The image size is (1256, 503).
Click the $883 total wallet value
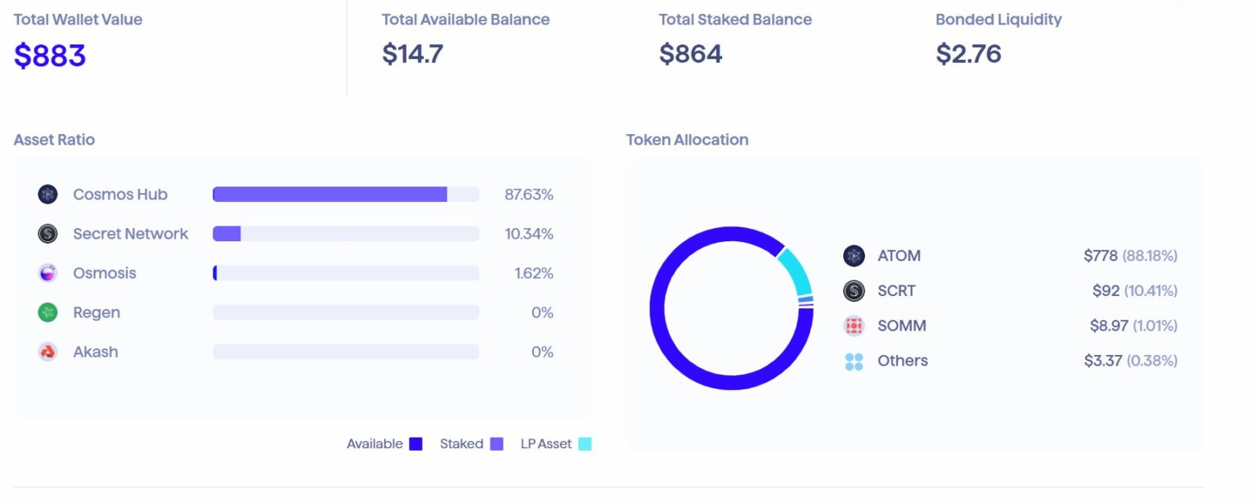coord(50,56)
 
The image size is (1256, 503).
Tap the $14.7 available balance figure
coord(412,54)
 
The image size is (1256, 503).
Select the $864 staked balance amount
coord(690,54)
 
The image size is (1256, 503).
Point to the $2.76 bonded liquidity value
coord(968,54)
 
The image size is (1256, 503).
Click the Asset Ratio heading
coord(54,140)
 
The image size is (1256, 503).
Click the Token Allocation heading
coord(687,140)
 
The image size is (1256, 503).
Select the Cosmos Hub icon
coord(47,195)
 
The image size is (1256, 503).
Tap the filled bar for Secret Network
coord(227,234)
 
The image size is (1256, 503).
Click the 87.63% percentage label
coord(528,195)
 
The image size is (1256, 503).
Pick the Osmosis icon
coord(47,273)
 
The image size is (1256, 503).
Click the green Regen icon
coord(47,312)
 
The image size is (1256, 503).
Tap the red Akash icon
coord(47,352)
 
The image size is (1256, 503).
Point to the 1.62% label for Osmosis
coord(533,273)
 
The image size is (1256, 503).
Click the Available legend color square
coord(415,444)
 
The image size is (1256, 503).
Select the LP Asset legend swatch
coord(585,444)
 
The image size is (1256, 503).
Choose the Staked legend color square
coord(496,444)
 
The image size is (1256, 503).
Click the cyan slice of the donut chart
coord(794,271)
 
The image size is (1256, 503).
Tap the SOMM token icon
coord(854,326)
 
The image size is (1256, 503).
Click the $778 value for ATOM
coord(1100,256)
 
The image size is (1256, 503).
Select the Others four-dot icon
coord(854,361)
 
